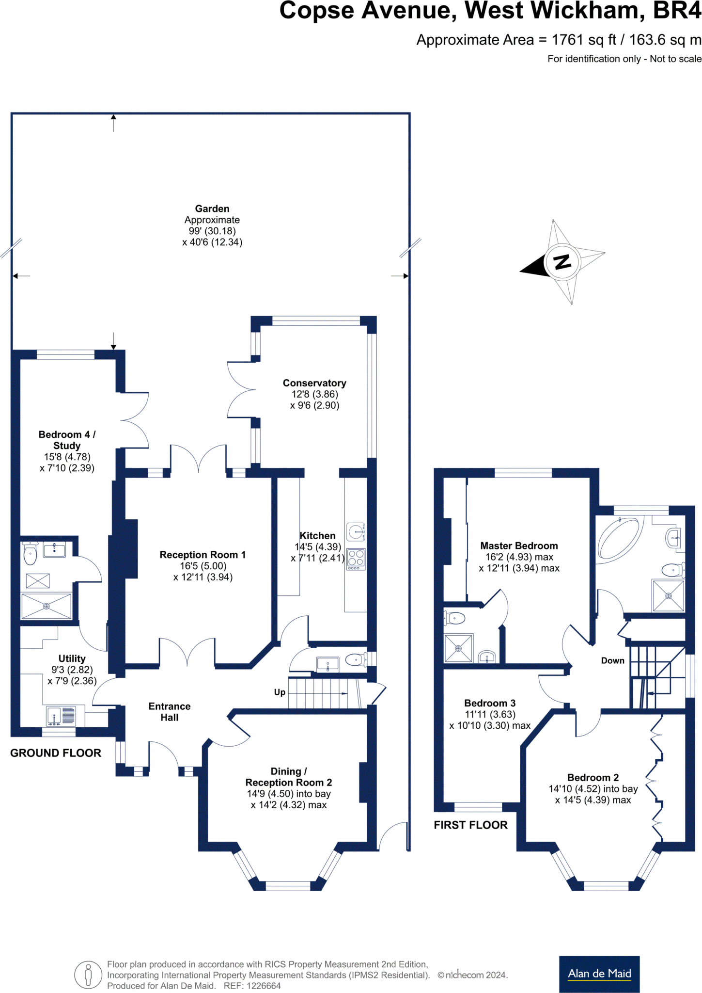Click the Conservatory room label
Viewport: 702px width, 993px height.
pos(314,383)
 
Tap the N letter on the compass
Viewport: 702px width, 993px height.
pos(562,262)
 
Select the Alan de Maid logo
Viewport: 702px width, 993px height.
pos(599,974)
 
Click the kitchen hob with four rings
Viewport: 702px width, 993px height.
pos(356,559)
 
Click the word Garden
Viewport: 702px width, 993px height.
pos(212,208)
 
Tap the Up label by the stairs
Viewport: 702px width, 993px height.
pos(280,692)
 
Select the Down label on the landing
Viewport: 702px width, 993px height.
pos(612,660)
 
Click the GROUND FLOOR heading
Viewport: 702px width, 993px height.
pos(56,753)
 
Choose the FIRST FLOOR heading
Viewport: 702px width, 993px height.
pos(470,825)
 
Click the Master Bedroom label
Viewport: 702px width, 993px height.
pos(519,546)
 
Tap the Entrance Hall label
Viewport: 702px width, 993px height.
pos(170,712)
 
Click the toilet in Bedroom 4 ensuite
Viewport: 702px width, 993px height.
pos(30,554)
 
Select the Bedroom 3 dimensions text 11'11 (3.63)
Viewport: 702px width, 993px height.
pos(490,714)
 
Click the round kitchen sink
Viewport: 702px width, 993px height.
pos(356,531)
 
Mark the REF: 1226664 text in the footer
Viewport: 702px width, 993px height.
pos(252,986)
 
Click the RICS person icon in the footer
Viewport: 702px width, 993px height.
pos(88,975)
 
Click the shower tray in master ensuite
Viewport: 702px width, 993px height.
pos(458,648)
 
